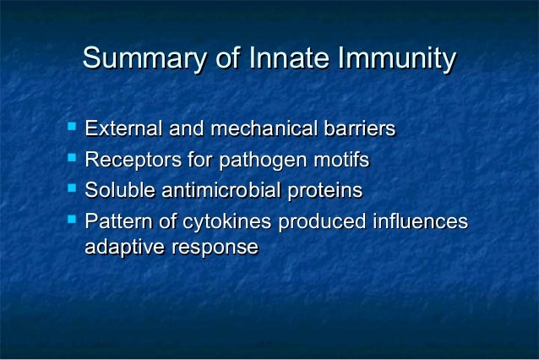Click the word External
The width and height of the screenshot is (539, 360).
pos(123,130)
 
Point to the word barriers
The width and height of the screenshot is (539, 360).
pos(358,130)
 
